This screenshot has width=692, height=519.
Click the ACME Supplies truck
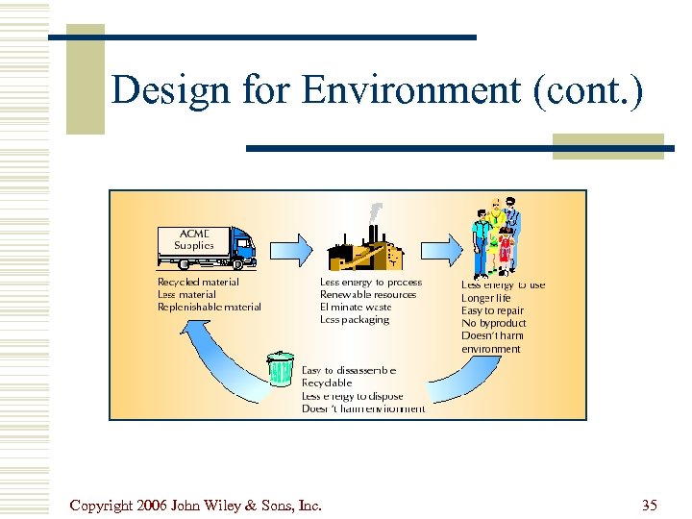tap(207, 247)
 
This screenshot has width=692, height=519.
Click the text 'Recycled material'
tap(198, 283)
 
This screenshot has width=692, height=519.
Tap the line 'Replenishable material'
tap(209, 308)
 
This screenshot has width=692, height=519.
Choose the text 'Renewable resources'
tap(368, 295)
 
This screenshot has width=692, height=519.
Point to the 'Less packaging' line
tap(355, 320)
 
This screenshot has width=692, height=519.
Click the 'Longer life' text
tap(486, 298)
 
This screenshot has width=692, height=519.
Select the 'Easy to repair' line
tap(492, 310)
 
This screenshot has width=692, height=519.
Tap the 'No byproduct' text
tap(493, 324)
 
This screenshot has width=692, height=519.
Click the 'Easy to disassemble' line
tap(349, 370)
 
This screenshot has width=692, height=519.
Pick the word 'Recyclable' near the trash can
tap(327, 383)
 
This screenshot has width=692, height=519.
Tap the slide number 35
tap(650, 505)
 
